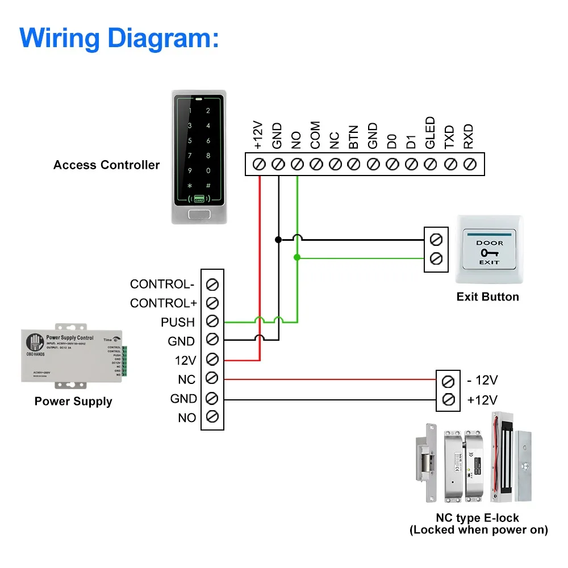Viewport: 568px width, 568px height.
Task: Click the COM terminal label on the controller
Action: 315,135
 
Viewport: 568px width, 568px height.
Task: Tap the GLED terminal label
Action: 430,133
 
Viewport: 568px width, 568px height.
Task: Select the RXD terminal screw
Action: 469,164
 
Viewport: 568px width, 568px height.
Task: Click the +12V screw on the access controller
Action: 259,164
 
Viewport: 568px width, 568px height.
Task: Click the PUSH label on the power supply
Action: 178,322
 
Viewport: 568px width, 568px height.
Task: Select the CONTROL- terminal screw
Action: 213,284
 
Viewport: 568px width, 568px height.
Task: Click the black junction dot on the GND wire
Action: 278,239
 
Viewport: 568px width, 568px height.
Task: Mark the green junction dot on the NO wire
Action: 297,258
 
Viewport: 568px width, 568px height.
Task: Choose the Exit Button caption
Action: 487,296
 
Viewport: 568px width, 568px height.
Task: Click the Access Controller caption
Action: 106,165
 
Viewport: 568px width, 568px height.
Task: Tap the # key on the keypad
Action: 208,185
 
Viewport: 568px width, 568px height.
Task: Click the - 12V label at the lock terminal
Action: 482,380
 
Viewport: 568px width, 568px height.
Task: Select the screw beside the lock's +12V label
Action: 448,400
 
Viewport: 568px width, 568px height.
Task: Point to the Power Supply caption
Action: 73,402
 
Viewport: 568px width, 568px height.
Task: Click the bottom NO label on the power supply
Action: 187,417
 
